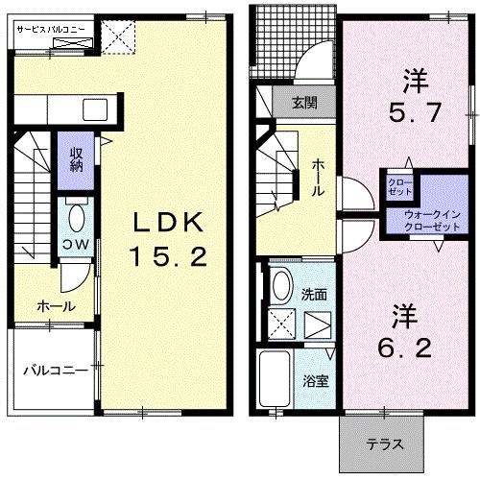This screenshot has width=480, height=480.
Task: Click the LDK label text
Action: [x=168, y=222]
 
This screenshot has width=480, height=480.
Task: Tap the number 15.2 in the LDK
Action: [x=168, y=258]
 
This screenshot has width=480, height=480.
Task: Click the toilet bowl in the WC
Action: [x=77, y=218]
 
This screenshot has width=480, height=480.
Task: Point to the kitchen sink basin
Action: [x=95, y=109]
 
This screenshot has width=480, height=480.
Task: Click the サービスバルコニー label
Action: [x=51, y=30]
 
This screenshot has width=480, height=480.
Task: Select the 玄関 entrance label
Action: [x=304, y=103]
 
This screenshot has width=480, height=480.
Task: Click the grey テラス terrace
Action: [x=381, y=444]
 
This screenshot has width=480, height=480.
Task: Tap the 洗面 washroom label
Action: [x=314, y=295]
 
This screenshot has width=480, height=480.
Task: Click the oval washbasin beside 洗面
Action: [x=282, y=285]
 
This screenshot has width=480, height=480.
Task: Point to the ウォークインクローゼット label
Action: [x=432, y=221]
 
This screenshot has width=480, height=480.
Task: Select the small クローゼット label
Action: [x=399, y=187]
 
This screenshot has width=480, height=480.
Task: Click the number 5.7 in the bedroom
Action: [x=415, y=112]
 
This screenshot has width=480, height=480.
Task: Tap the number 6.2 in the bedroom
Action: [x=404, y=348]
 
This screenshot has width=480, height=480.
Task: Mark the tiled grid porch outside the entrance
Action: [x=293, y=41]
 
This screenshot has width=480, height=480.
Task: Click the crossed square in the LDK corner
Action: [x=118, y=37]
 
